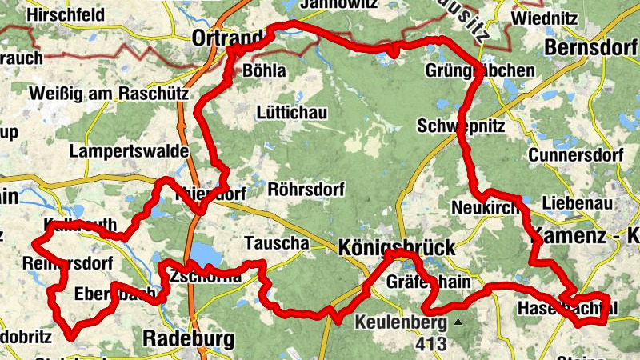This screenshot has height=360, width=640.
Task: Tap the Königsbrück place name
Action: click(x=397, y=246)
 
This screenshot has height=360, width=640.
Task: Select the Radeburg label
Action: click(x=189, y=338)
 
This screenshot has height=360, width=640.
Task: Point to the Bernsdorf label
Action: click(x=590, y=48)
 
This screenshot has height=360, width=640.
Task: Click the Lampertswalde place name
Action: click(x=128, y=150)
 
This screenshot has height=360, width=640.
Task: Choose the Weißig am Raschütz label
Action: click(x=108, y=94)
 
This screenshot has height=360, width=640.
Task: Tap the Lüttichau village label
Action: click(x=292, y=113)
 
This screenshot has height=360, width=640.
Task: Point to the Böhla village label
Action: click(x=262, y=71)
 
